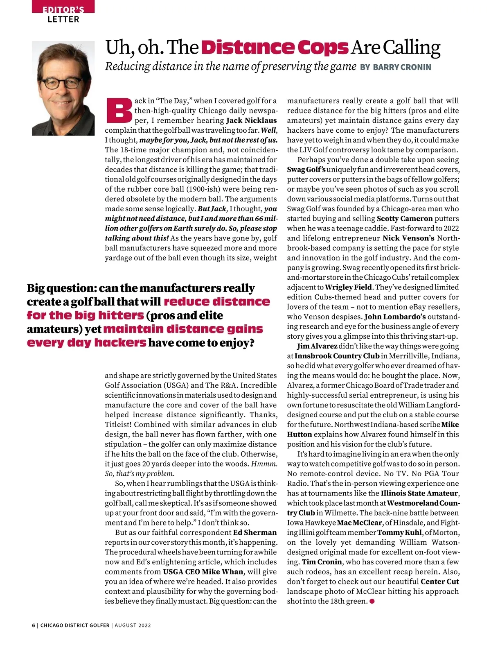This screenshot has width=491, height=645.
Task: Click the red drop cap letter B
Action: click(119, 111)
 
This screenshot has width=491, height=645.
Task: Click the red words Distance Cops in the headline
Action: click(275, 48)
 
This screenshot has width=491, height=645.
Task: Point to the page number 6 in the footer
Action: click(34, 625)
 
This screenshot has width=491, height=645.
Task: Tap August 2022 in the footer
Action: click(133, 625)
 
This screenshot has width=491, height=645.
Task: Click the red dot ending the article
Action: click(372, 601)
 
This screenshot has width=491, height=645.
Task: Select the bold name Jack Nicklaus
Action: click(251, 120)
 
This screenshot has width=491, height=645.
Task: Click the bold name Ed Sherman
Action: click(255, 532)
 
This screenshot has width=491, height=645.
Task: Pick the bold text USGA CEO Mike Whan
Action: click(203, 572)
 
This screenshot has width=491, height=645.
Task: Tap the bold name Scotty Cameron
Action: click(404, 219)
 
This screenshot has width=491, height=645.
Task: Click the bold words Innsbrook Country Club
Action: click(337, 356)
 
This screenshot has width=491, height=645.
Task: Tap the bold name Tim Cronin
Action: click(322, 562)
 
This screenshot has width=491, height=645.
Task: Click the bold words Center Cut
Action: click(440, 582)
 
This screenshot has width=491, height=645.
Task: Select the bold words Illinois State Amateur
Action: click(419, 493)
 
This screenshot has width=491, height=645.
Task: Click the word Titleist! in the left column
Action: click(118, 425)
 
